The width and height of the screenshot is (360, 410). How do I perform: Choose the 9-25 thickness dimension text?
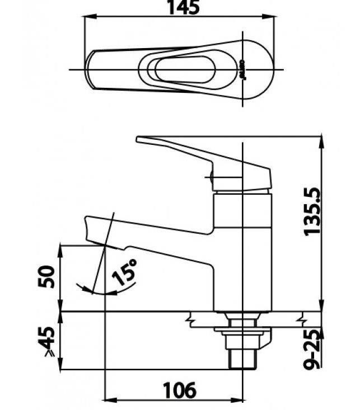(314, 348)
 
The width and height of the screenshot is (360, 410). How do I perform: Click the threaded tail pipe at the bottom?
(242, 358)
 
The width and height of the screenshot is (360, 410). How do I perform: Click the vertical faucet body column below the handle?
(243, 246)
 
